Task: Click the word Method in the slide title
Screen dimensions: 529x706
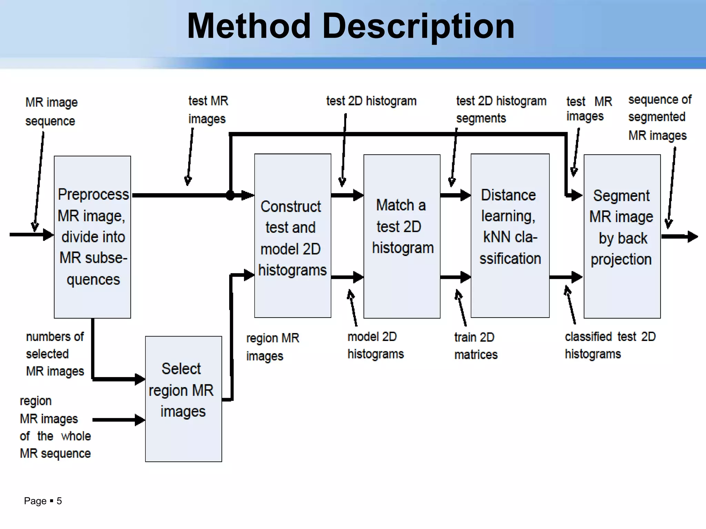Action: (x=249, y=26)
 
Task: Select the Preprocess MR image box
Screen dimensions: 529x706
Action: (x=92, y=237)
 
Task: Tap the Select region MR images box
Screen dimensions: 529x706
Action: (x=183, y=399)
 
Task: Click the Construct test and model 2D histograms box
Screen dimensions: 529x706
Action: (x=292, y=236)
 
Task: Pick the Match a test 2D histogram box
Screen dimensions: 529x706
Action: (x=402, y=236)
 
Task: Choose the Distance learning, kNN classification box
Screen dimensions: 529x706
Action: (x=510, y=236)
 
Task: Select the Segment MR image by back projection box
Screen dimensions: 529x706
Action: (x=622, y=236)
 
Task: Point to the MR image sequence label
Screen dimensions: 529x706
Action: (x=51, y=112)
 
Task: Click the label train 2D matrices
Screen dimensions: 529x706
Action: (x=476, y=346)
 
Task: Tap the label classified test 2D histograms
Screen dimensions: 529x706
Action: (x=609, y=345)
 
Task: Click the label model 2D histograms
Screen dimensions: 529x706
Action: (x=375, y=345)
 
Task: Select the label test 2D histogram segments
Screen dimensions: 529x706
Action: (x=501, y=110)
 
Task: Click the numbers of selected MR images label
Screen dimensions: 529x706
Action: (x=55, y=354)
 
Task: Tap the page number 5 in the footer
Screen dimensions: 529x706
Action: (x=59, y=501)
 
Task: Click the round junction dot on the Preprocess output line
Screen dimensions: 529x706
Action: (x=230, y=195)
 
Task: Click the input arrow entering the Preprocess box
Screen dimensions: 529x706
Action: (x=31, y=235)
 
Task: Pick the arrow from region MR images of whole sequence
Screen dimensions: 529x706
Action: (x=119, y=420)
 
